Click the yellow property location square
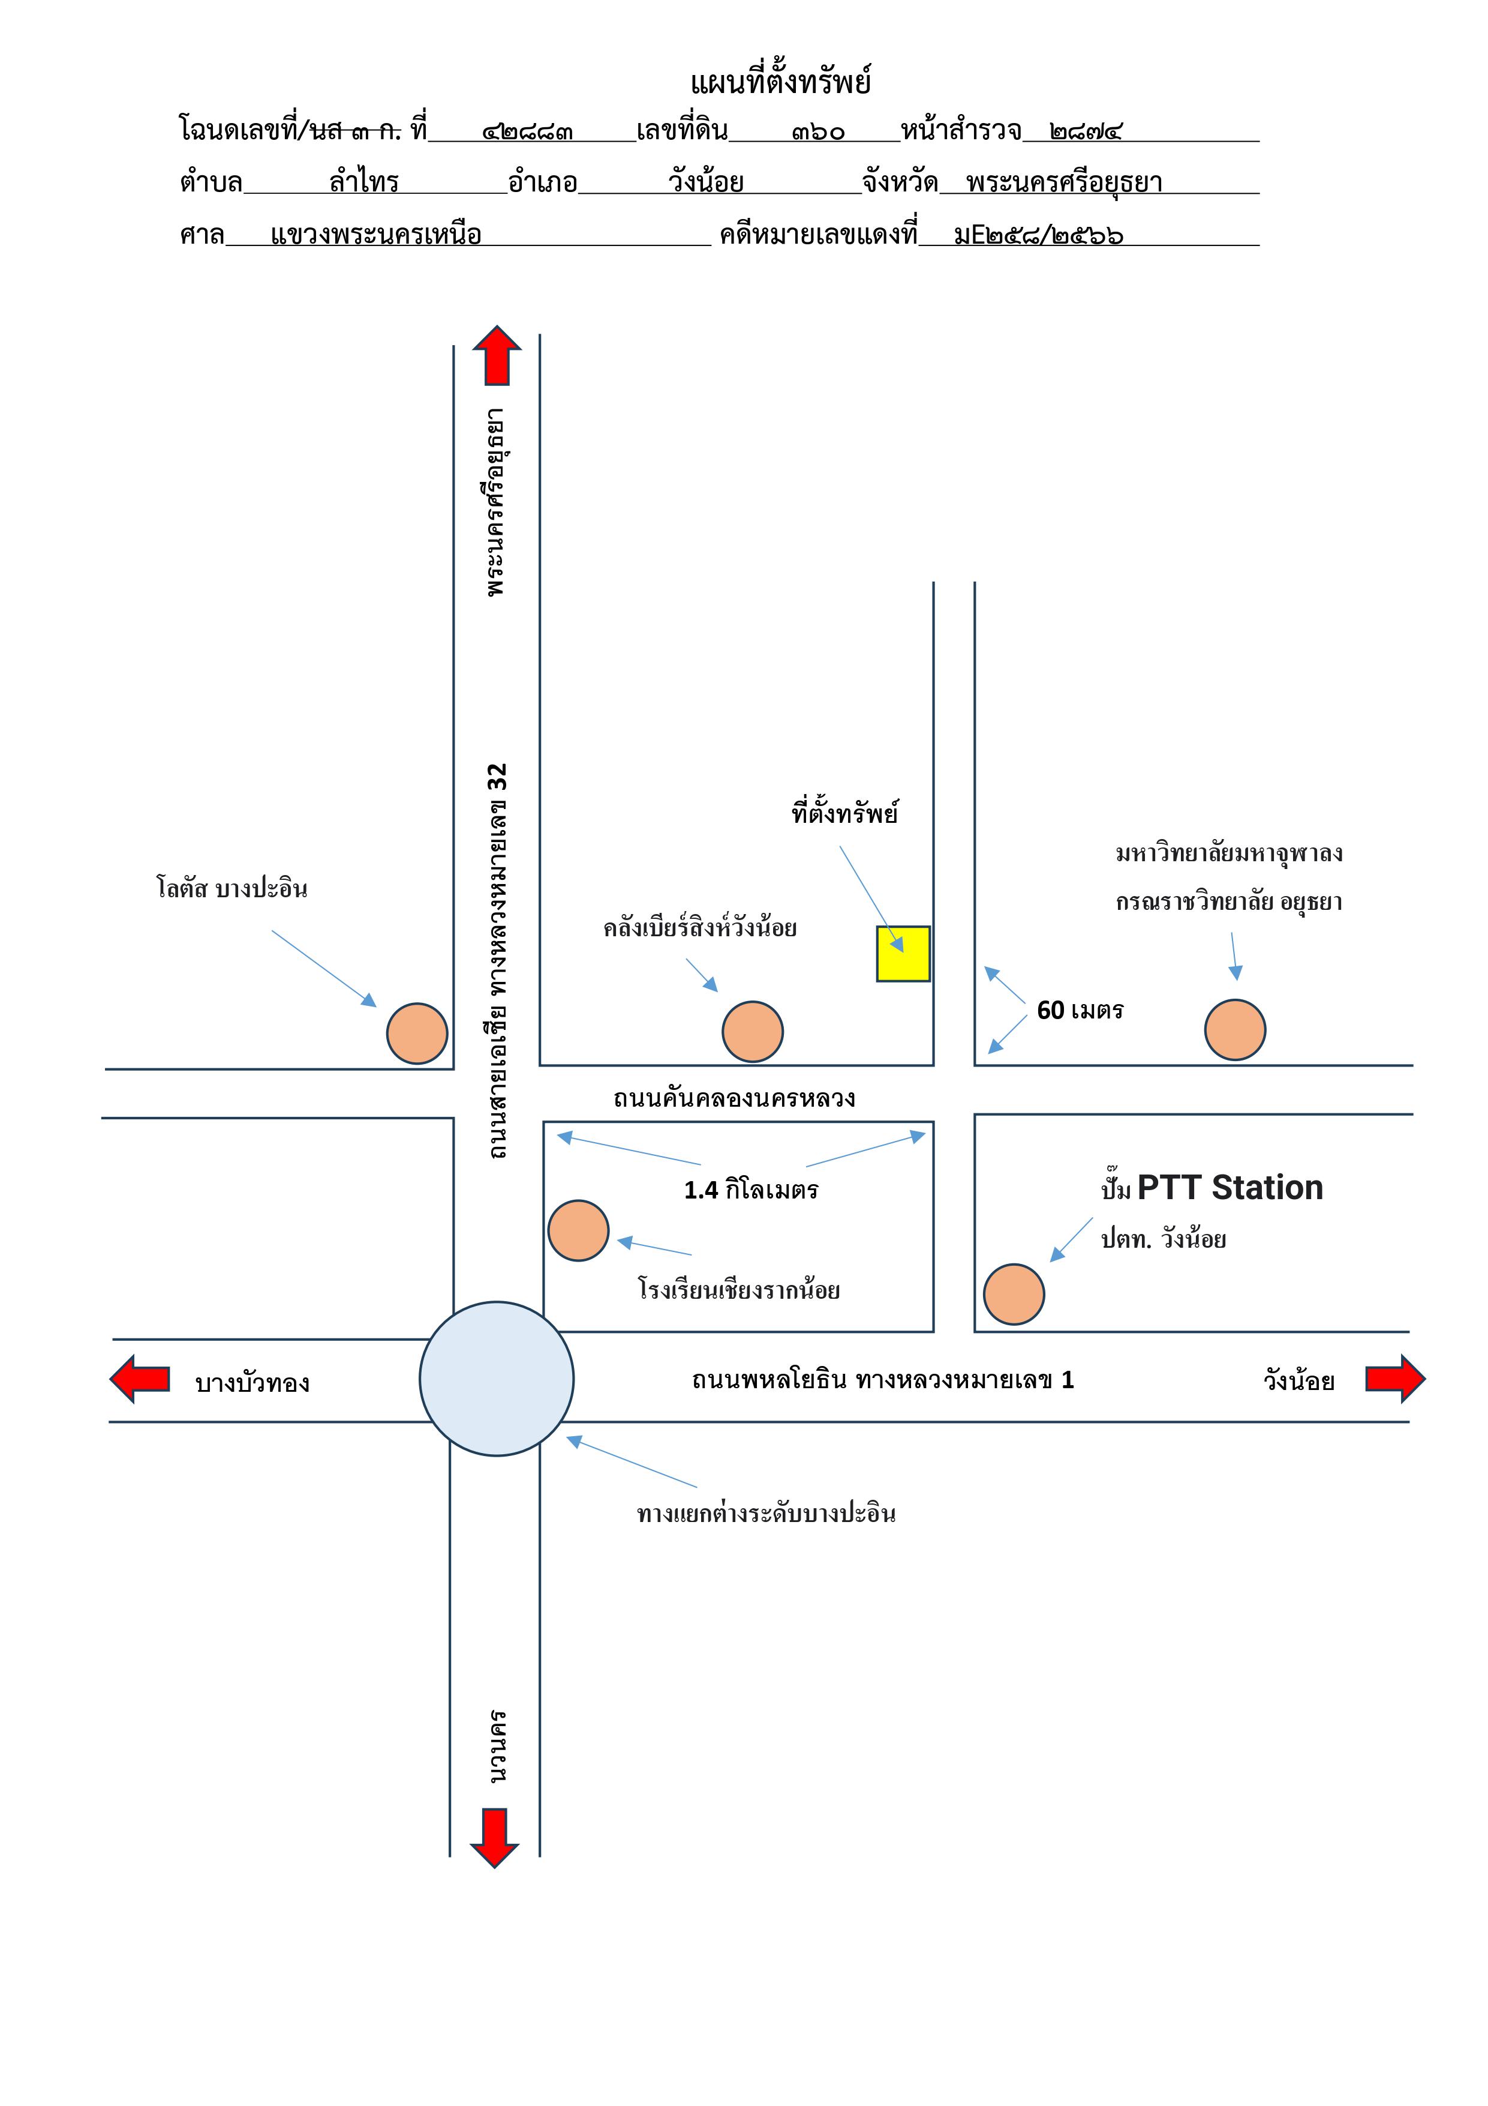pyautogui.click(x=903, y=954)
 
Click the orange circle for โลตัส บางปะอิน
pyautogui.click(x=417, y=1033)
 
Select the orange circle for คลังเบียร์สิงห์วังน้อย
pyautogui.click(x=753, y=1032)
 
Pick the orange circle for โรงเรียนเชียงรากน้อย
pyautogui.click(x=579, y=1231)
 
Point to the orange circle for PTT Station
pyautogui.click(x=1014, y=1294)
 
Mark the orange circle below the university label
pyautogui.click(x=1235, y=1030)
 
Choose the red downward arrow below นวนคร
pyautogui.click(x=495, y=1838)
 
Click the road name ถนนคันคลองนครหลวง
pyautogui.click(x=734, y=1098)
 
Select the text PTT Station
pyautogui.click(x=1230, y=1188)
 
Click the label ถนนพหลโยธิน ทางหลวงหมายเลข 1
pyautogui.click(x=883, y=1380)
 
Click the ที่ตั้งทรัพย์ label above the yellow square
pyautogui.click(x=844, y=812)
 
